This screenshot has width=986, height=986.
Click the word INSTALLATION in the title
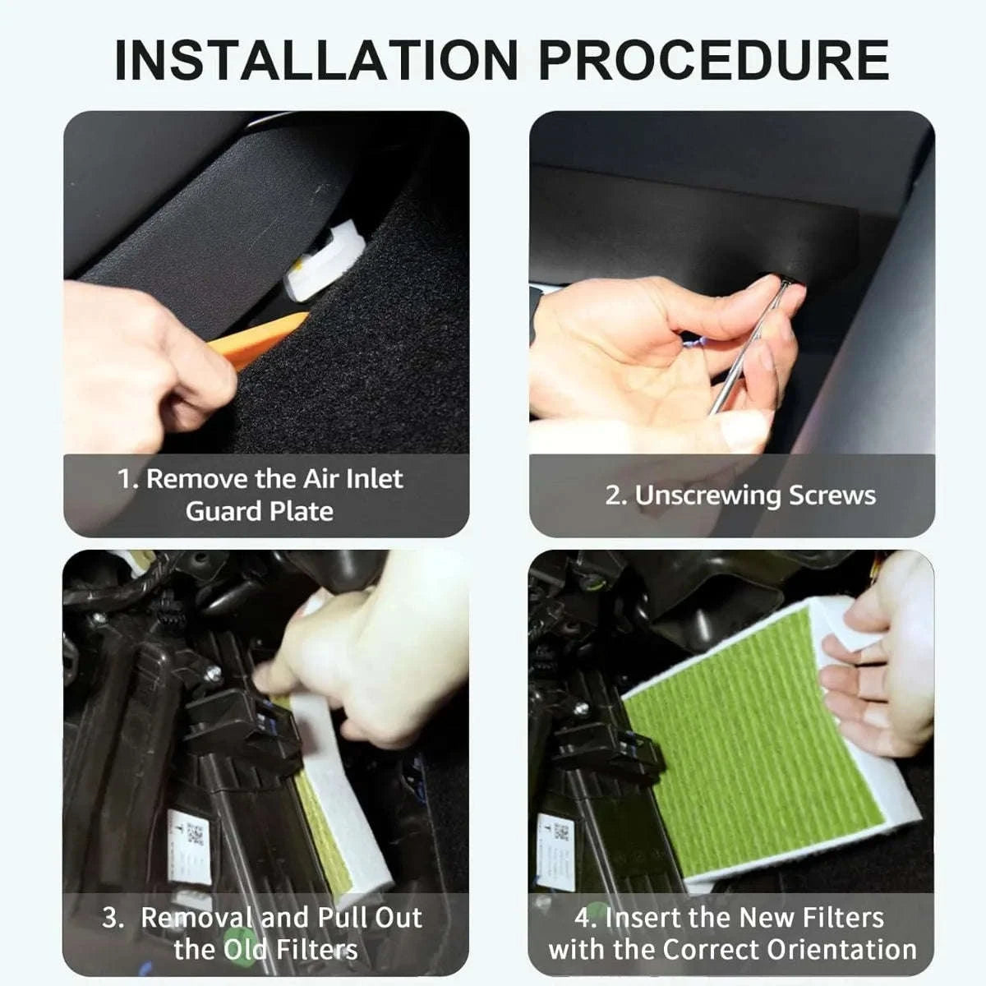pos(316,59)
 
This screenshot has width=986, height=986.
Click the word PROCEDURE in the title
pos(713,59)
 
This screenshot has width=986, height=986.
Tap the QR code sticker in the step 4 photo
pos(561,832)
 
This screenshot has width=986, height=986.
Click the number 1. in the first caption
pos(128,479)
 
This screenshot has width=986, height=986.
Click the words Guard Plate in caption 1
pos(260,511)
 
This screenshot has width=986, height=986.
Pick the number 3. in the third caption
pos(113,918)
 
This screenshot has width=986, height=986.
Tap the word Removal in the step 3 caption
pos(197,918)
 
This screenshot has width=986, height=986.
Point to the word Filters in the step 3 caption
pos(316,950)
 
